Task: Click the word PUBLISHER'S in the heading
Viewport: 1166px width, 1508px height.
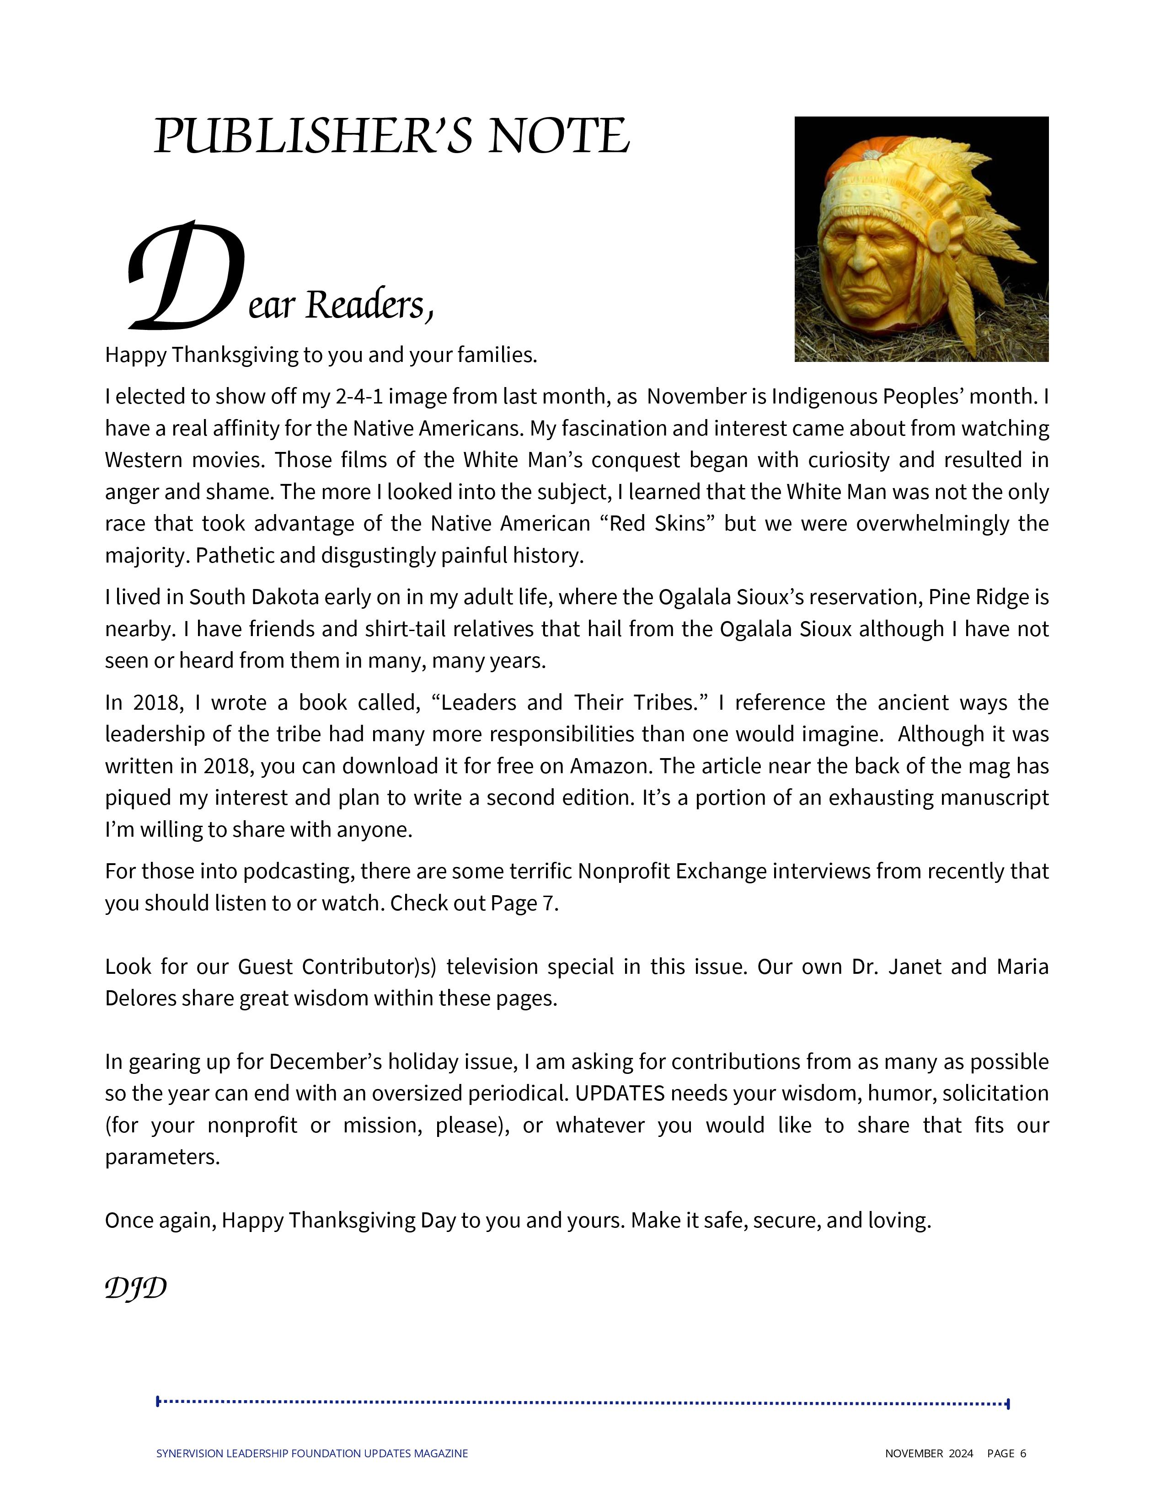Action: [x=312, y=136]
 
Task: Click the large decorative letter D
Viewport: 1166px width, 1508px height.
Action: [x=185, y=276]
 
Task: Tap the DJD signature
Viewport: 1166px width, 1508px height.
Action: [x=135, y=1288]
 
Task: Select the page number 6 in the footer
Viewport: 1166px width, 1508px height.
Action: [x=1023, y=1454]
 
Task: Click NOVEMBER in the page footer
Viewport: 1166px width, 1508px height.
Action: [x=913, y=1454]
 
